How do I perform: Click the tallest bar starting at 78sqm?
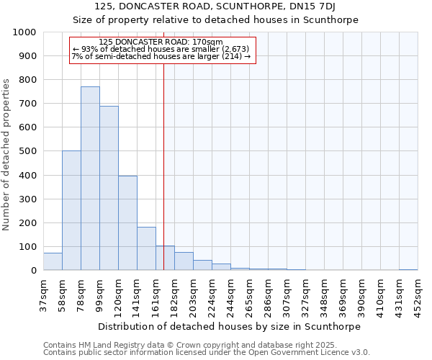[90, 179]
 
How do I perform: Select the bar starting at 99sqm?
[109, 188]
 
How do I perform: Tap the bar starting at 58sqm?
[71, 210]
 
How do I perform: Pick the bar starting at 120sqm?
[127, 223]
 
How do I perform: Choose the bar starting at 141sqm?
[146, 248]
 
